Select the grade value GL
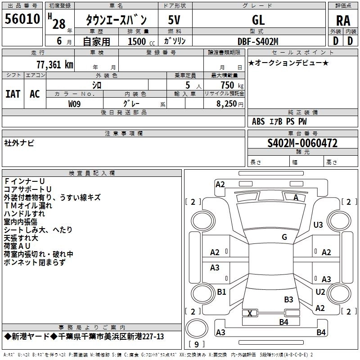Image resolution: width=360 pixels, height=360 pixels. click(x=258, y=19)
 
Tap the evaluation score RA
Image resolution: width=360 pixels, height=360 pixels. click(x=343, y=20)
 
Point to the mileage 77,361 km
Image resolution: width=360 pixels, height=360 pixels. click(x=54, y=64)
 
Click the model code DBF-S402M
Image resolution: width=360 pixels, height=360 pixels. click(x=258, y=41)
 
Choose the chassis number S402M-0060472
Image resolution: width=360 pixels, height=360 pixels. click(x=302, y=144)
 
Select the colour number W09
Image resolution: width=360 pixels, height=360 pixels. click(x=75, y=103)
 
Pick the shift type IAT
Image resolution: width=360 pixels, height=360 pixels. click(x=13, y=94)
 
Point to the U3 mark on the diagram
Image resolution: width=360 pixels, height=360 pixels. click(x=319, y=225)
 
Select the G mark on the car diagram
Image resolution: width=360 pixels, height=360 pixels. click(x=284, y=237)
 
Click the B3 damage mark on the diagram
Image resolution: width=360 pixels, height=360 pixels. click(x=288, y=299)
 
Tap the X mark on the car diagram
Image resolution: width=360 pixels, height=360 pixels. click(x=250, y=313)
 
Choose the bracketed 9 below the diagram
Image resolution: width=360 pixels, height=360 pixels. click(x=196, y=345)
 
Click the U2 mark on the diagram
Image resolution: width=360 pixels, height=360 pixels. click(x=320, y=292)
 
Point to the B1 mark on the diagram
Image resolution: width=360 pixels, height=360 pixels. click(x=221, y=292)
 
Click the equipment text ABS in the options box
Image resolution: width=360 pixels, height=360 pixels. click(x=258, y=121)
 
